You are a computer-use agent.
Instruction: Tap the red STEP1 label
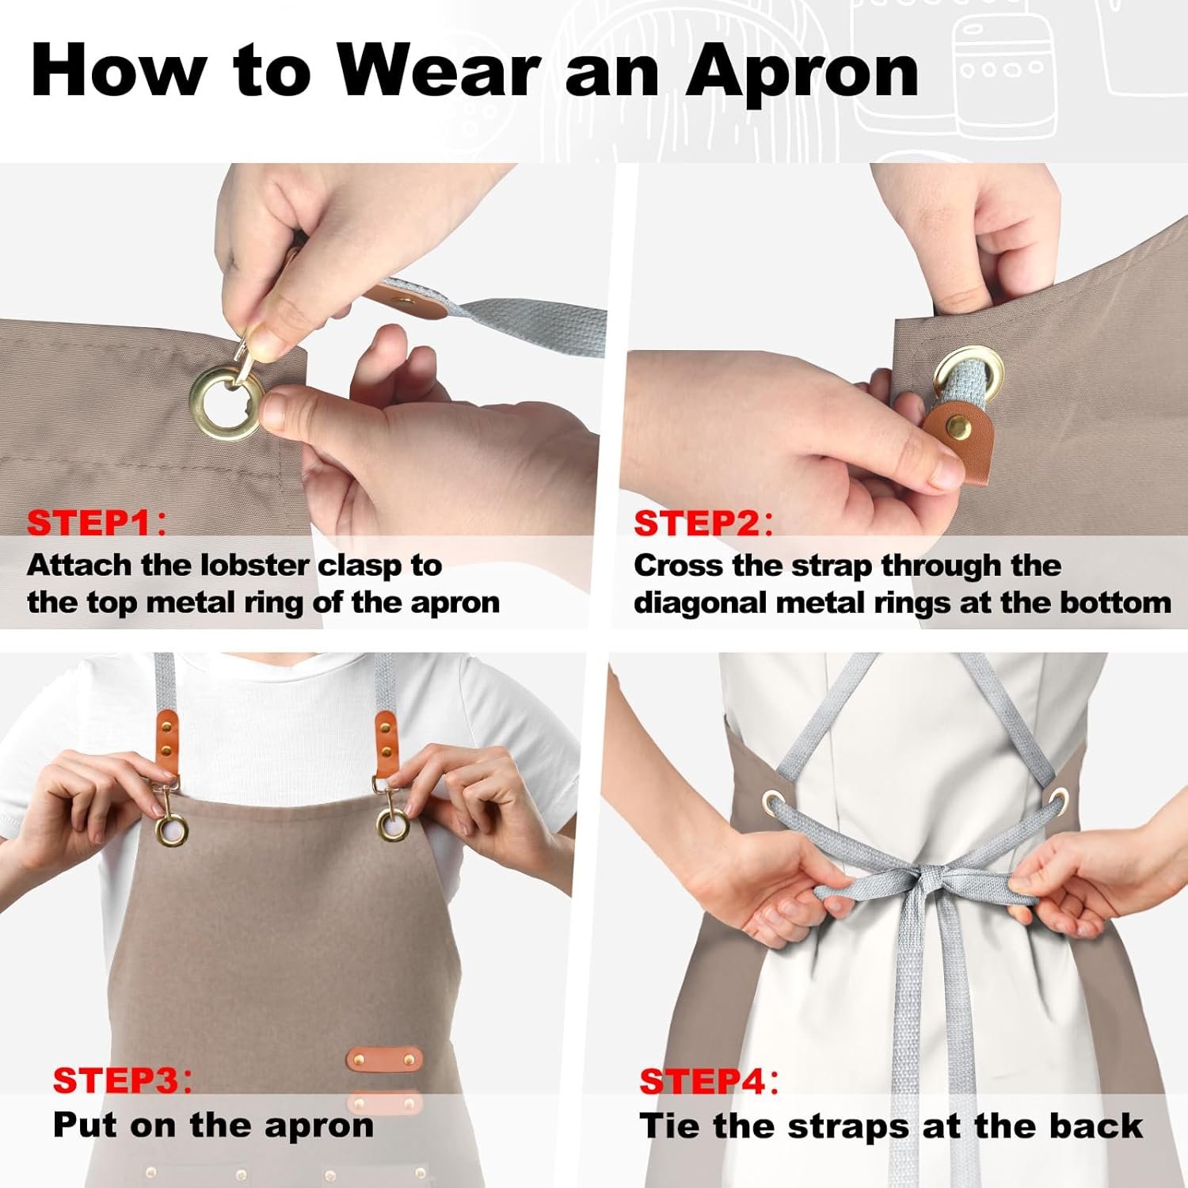tap(89, 523)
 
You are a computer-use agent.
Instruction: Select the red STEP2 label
tap(696, 524)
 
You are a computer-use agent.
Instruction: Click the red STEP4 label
tap(702, 1081)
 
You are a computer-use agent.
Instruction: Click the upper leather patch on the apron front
tap(385, 1058)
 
